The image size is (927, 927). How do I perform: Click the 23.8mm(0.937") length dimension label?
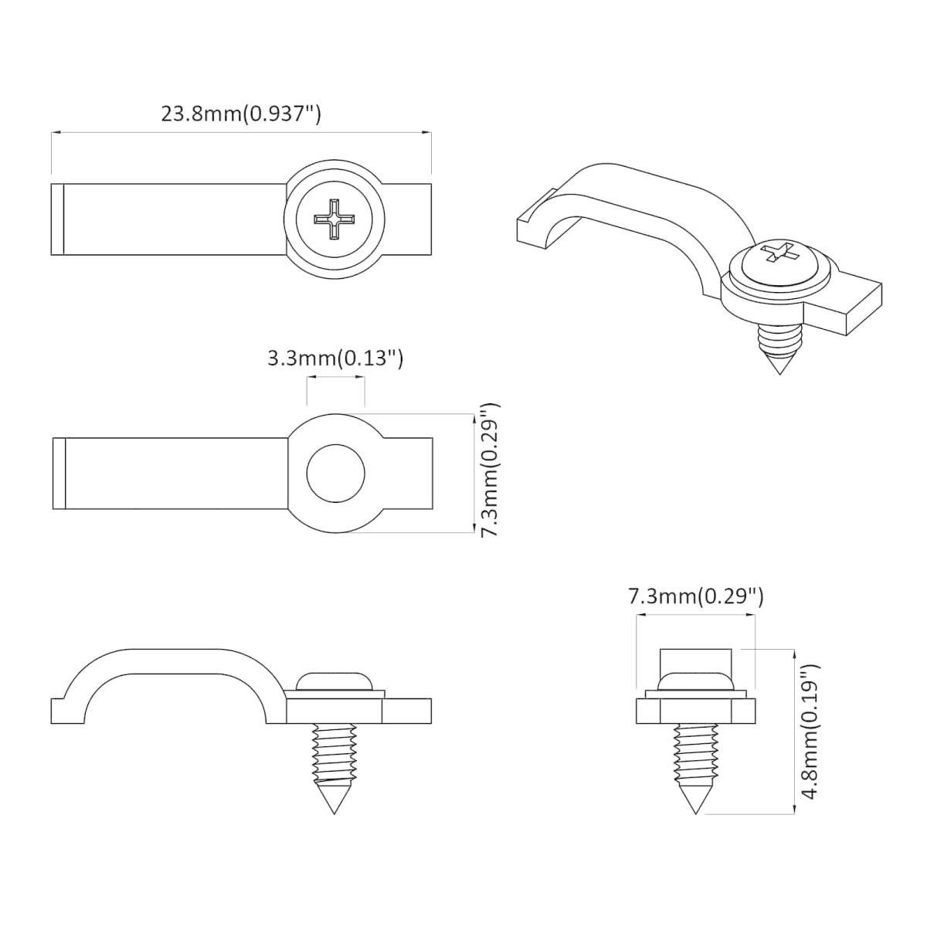[240, 114]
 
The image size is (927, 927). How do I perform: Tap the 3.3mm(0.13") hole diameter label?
[334, 358]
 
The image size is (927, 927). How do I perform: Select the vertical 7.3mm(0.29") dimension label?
[491, 469]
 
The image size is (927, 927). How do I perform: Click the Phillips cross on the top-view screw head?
[334, 219]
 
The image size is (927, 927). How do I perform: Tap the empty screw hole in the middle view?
[336, 474]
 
